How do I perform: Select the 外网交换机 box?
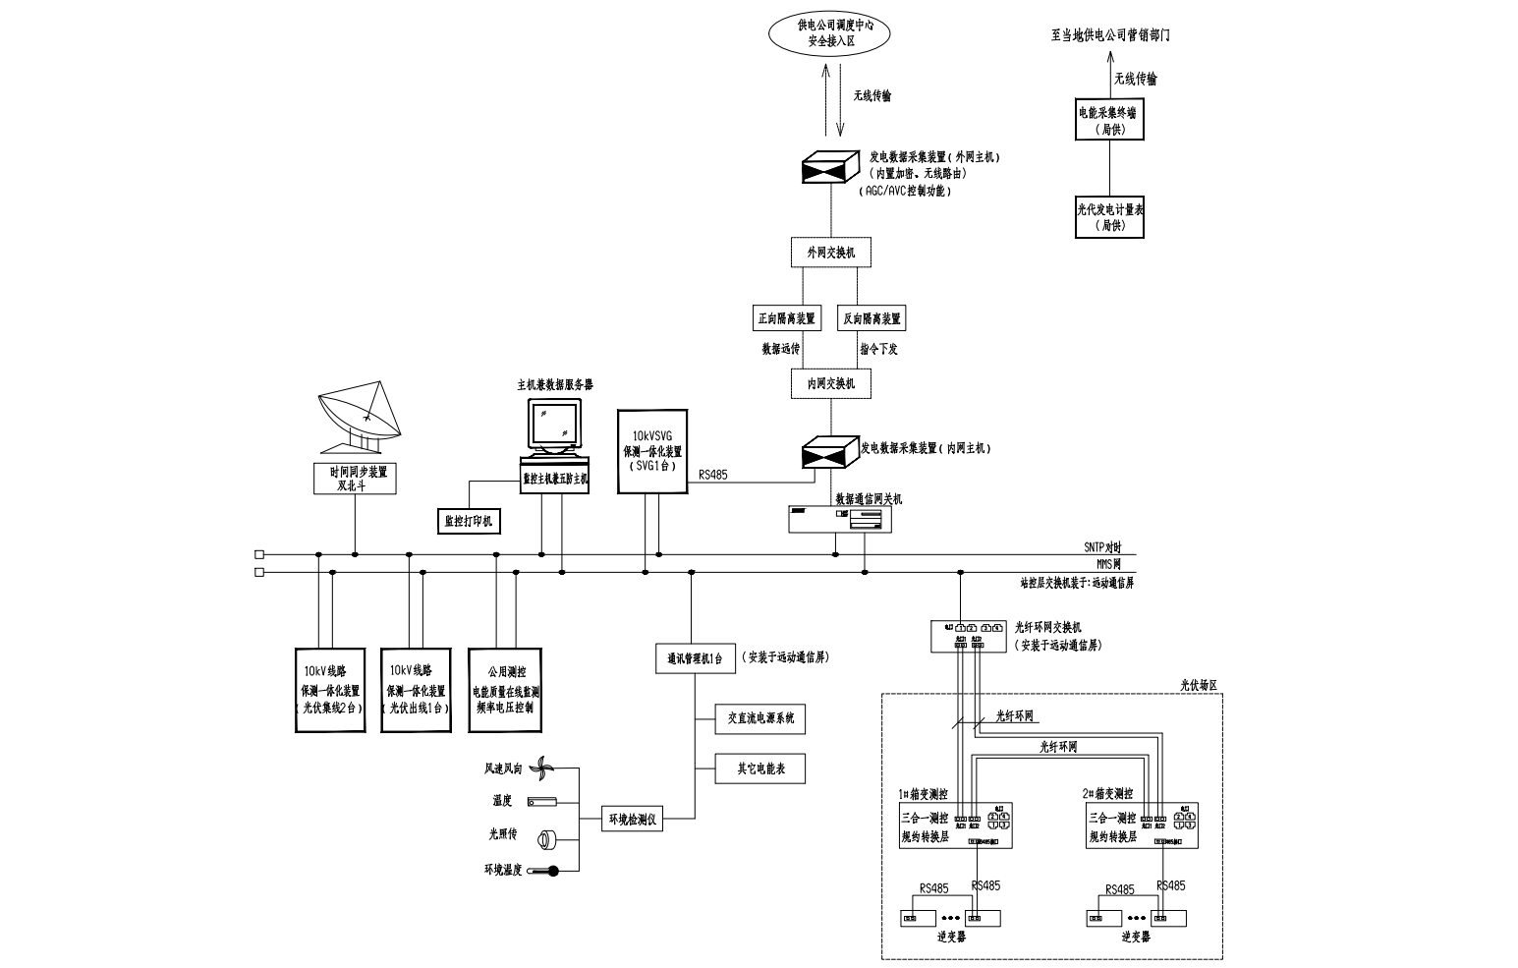831,253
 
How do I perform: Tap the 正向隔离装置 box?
786,318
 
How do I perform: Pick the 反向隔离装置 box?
871,318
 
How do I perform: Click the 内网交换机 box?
831,383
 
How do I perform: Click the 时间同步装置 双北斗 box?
356,479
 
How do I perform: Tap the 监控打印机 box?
468,521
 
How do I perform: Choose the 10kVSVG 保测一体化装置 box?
652,451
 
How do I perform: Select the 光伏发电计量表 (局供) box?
1110,217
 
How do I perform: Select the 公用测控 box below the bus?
507,690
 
